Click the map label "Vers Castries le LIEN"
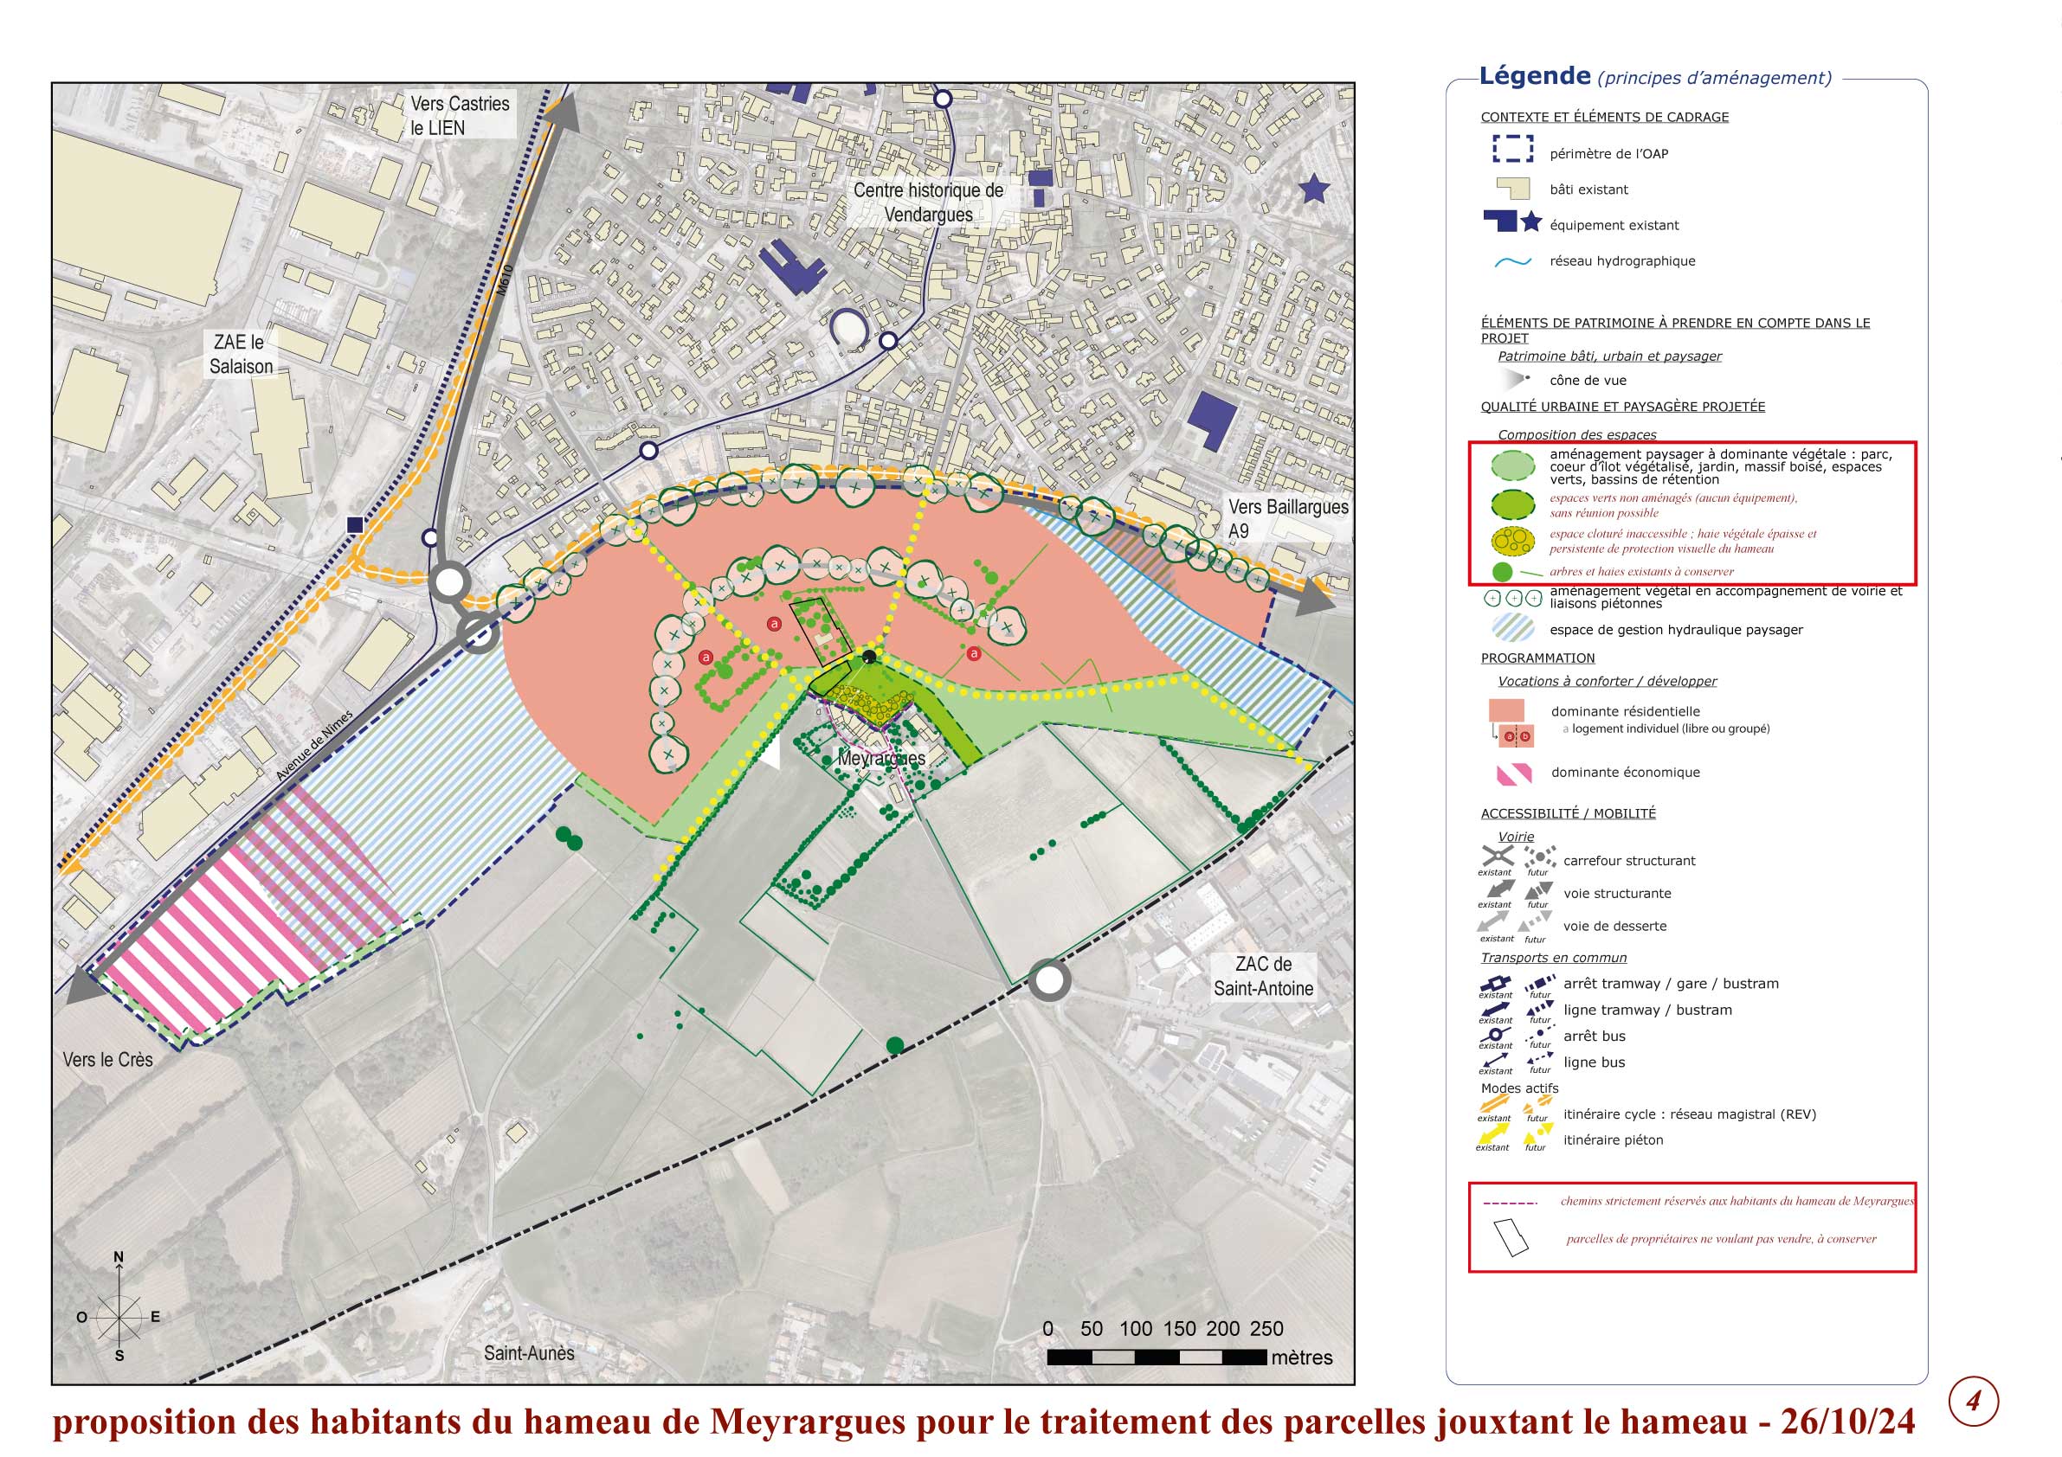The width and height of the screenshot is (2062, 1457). (x=459, y=116)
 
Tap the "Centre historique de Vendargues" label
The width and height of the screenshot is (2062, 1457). (x=928, y=202)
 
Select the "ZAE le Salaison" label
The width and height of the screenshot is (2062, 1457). (x=241, y=354)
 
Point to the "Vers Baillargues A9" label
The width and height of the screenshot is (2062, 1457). (x=1287, y=518)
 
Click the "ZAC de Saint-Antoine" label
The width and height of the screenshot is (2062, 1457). (x=1263, y=976)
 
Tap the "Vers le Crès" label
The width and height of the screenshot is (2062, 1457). (x=107, y=1059)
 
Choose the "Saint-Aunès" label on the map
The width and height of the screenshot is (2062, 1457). (x=529, y=1352)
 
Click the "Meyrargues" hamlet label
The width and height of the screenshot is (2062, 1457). (x=881, y=759)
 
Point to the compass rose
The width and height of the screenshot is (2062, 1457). (x=119, y=1316)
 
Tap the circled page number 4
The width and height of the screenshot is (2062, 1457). (x=1973, y=1401)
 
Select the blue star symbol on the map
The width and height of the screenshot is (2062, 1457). (x=1314, y=189)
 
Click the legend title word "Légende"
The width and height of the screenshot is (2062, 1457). (x=1534, y=76)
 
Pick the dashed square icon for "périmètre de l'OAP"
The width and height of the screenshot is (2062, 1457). (x=1512, y=149)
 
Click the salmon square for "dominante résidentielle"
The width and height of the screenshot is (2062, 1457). (x=1506, y=710)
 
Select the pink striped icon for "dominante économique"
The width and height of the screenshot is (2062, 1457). (x=1513, y=773)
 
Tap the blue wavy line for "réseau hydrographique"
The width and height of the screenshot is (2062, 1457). (x=1512, y=262)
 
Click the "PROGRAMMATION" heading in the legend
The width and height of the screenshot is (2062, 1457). (x=1537, y=658)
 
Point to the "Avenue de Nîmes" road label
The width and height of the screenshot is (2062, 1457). (x=314, y=745)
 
